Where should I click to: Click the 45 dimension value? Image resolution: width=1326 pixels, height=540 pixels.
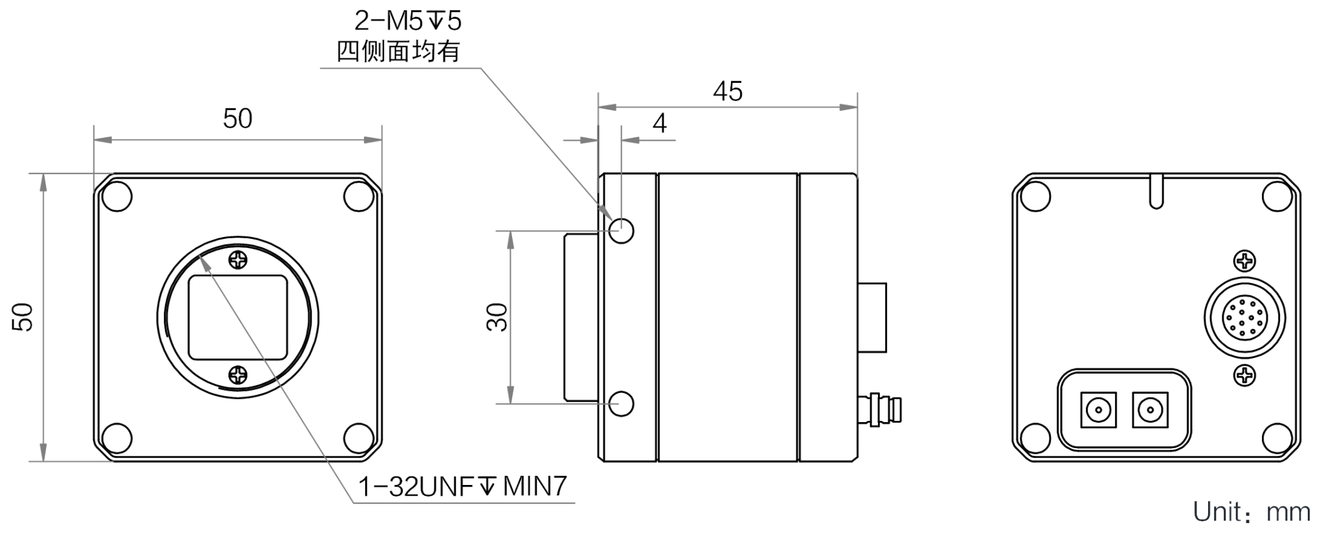point(728,91)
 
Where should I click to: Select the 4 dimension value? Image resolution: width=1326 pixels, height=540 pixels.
point(660,123)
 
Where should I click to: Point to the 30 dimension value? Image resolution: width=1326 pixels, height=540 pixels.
point(497,317)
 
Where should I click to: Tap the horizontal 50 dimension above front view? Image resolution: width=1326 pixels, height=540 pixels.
point(238,118)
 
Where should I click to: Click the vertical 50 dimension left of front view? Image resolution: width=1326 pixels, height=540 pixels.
point(23,317)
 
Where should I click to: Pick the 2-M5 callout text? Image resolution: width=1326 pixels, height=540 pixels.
point(408,21)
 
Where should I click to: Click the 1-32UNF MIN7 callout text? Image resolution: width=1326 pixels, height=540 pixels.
point(463,486)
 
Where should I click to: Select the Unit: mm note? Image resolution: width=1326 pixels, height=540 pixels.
point(1252,512)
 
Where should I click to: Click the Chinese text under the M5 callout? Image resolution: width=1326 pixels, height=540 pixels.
point(398,51)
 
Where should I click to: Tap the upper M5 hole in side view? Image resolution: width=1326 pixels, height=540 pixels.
point(622,229)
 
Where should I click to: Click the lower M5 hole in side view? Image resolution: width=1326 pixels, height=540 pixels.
point(622,403)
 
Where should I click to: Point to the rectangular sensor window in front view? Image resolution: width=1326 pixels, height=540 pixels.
point(238,317)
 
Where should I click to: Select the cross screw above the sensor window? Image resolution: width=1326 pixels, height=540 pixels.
point(238,260)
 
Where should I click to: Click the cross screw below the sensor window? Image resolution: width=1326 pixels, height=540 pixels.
point(238,374)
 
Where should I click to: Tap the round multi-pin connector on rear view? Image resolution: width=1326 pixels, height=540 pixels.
point(1244,318)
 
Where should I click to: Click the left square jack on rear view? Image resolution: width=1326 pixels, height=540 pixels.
point(1098,410)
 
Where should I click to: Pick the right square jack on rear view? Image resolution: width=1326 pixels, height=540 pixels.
point(1150,410)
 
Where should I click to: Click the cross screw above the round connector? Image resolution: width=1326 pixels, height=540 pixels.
point(1245,262)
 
